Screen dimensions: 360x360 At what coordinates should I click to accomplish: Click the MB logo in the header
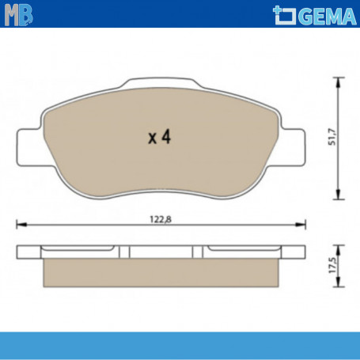(19, 15)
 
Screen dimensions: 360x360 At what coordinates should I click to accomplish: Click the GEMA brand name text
(328, 17)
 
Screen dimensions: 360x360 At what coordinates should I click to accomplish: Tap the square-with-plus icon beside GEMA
(285, 15)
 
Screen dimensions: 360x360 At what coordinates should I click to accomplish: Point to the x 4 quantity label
(159, 137)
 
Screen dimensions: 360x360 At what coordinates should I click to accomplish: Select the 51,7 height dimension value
(332, 137)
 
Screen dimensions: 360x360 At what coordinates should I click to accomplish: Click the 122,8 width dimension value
(161, 219)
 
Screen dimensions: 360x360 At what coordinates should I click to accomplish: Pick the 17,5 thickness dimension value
(332, 265)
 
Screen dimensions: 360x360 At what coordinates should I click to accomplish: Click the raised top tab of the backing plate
(161, 82)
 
